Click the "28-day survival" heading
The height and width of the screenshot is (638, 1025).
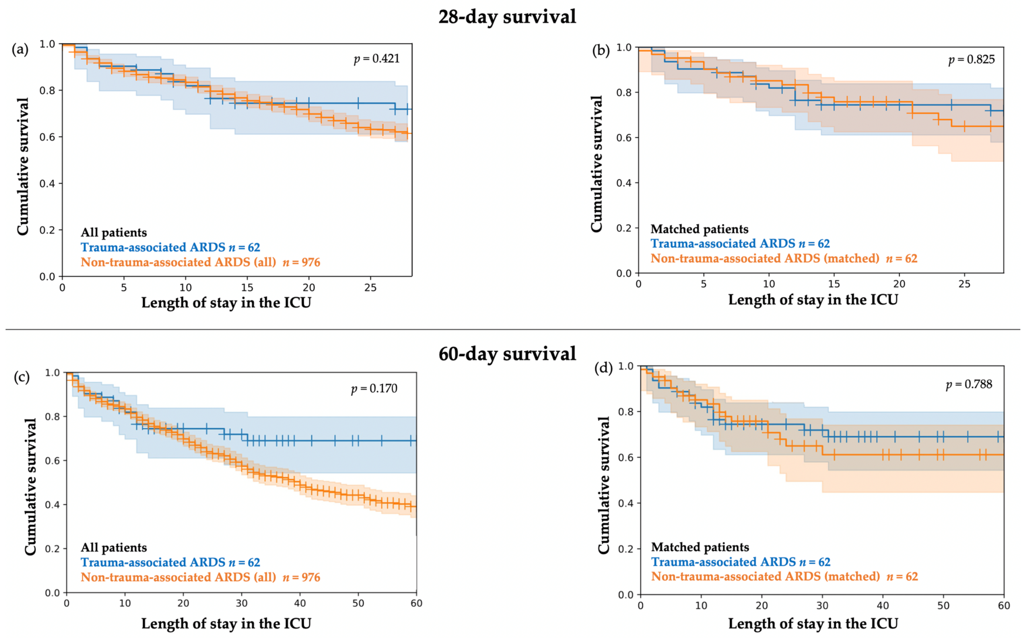(x=507, y=17)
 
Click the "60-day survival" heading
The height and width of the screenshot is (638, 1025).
(x=507, y=354)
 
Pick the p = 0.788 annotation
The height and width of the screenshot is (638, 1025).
(x=969, y=384)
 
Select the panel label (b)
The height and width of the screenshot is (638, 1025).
(x=601, y=51)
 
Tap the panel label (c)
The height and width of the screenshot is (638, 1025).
(x=22, y=377)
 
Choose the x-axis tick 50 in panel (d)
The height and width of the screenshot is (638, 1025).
(x=943, y=605)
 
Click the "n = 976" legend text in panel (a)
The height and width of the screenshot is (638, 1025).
(x=301, y=263)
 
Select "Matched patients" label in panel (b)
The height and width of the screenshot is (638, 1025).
(x=699, y=229)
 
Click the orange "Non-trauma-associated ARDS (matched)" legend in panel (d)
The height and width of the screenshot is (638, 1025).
(x=765, y=576)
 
